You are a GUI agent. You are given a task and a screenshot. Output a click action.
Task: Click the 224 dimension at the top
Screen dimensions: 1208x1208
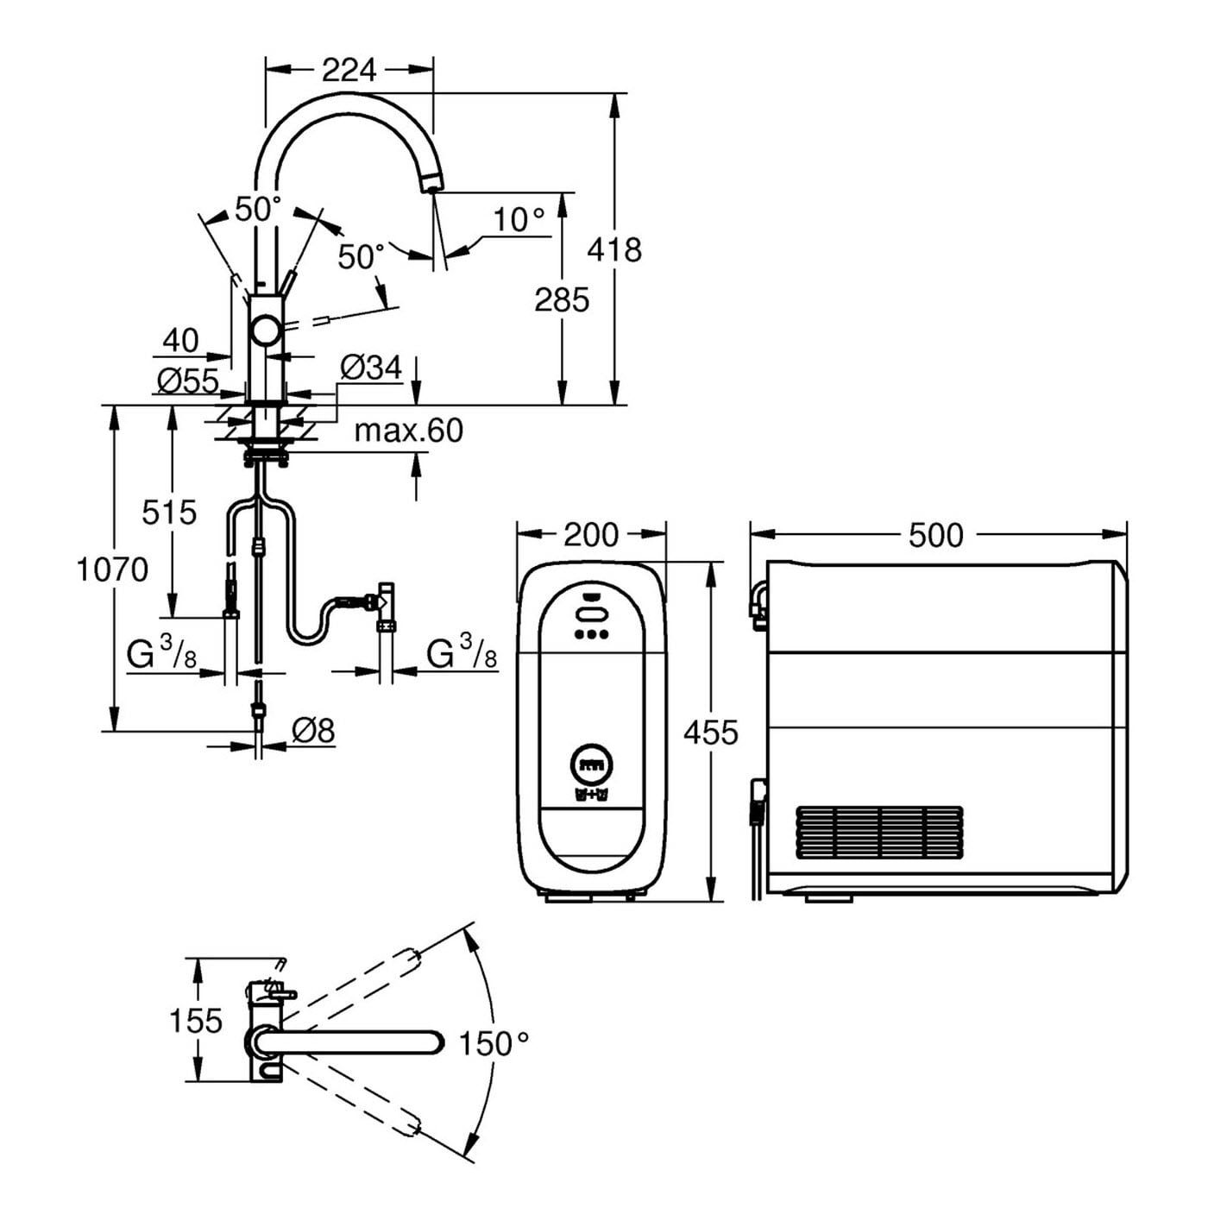coord(349,70)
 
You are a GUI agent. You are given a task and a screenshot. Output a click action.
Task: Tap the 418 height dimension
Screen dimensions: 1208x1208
coord(614,250)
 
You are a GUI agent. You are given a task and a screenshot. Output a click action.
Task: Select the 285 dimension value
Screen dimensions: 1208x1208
coord(562,299)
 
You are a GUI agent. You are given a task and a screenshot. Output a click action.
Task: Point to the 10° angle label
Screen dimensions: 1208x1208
coord(519,219)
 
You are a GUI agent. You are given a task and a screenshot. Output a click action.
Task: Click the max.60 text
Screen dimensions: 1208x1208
coord(409,431)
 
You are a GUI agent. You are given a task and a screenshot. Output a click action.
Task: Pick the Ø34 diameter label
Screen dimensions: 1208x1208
coord(371,368)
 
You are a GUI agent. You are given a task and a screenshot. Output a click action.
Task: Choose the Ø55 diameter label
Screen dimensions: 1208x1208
coord(188,381)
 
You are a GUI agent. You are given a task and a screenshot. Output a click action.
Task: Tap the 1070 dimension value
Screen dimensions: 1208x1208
coord(112,569)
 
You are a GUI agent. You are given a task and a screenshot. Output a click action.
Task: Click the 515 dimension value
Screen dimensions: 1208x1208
coord(169,513)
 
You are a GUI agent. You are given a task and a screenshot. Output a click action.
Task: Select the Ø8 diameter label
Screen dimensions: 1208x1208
coord(313,730)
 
